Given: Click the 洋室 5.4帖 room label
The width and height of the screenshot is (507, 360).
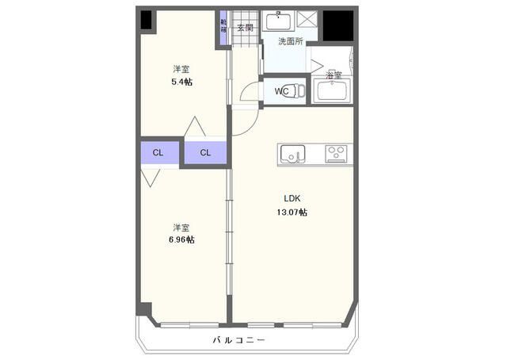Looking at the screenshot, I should coord(182,75).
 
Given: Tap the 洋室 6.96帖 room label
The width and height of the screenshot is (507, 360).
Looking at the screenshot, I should coord(181,232).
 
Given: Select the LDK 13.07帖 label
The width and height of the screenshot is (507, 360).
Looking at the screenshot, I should coord(292,205).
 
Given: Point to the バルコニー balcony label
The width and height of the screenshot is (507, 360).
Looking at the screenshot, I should coord(238,340).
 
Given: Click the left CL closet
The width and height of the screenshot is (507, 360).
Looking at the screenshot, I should coord(158,152).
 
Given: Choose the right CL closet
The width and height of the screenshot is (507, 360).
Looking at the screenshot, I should coord(205,152).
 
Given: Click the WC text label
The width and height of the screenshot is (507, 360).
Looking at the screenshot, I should coord(281,91).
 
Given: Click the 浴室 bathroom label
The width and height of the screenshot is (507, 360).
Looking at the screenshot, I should coord(334,75).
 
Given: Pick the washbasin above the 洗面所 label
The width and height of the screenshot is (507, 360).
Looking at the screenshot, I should coord(278,21).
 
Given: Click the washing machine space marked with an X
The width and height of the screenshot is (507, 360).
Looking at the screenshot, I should coord(308,21).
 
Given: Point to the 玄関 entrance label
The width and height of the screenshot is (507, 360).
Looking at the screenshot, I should coord(245,28).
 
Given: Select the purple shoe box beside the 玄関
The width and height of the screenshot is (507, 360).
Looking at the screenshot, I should coord(224,27).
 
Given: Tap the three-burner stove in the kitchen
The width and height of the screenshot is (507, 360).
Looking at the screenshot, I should coord(336,152).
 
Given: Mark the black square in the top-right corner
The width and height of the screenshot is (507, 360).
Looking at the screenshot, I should coord(337,25).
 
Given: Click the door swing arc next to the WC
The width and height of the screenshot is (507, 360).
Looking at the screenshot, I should coord(247,92).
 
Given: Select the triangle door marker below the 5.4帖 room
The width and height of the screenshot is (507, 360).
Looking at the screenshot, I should coord(194,127).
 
